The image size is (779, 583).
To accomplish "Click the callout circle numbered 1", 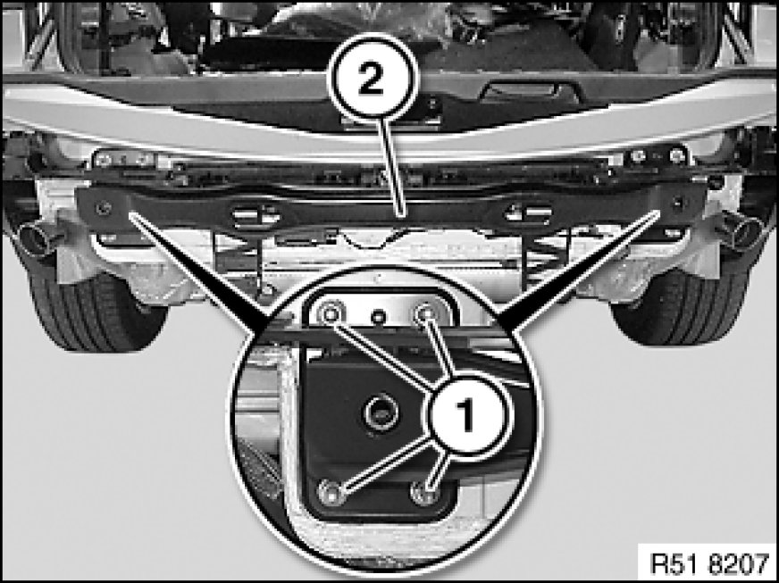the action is tap(465, 413).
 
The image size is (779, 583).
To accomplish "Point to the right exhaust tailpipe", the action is tap(741, 229).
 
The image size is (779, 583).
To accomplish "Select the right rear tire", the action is tap(680, 308).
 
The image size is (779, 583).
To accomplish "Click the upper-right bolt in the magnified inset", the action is tap(424, 313).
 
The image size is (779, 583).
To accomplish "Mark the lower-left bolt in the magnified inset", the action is tap(331, 492).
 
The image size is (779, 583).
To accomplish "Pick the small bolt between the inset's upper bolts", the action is tap(379, 316).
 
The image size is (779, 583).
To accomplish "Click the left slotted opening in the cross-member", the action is tap(255, 215).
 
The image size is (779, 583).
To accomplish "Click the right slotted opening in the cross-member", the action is tap(528, 213).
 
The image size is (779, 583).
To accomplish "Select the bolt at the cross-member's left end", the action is tap(104, 208).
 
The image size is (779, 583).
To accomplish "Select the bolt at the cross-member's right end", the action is tap(678, 202).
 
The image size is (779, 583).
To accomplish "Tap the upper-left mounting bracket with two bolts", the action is tap(123, 159).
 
